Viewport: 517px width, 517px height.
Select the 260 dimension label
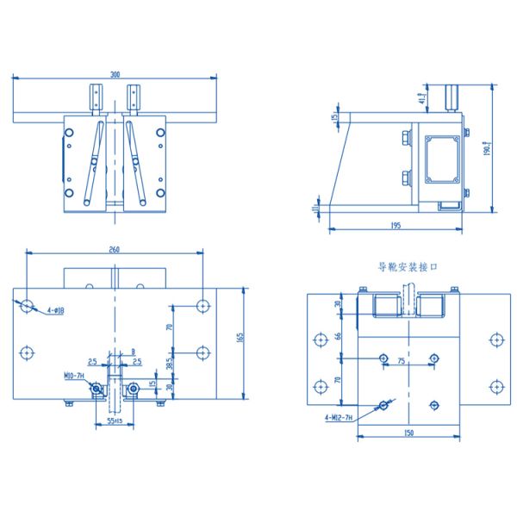(115, 249)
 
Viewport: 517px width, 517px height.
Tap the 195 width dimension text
(396, 226)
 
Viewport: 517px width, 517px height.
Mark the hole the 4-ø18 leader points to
(28, 305)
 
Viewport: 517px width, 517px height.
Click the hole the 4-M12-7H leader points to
(383, 403)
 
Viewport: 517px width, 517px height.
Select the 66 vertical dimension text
(338, 335)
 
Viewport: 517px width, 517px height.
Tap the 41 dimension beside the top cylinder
(421, 98)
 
